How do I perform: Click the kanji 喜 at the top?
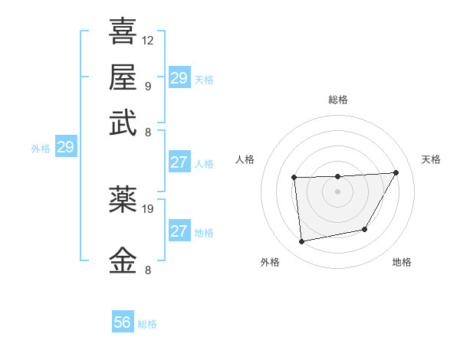click(x=123, y=31)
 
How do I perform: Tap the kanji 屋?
click(x=123, y=77)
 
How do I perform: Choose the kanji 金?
click(x=123, y=259)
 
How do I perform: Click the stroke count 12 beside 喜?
click(x=148, y=40)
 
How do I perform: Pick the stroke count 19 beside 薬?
click(x=148, y=207)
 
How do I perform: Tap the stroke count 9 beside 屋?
click(x=147, y=86)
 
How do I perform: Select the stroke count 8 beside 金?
click(x=147, y=270)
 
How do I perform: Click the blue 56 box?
click(x=123, y=322)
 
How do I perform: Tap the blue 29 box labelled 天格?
click(x=179, y=78)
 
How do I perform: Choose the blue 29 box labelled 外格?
click(x=65, y=147)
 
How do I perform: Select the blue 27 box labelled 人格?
click(x=179, y=162)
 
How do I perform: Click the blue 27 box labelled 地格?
click(x=179, y=231)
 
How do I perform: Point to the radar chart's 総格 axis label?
click(x=337, y=100)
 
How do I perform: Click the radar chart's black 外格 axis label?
click(x=270, y=262)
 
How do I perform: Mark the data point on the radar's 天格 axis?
click(x=396, y=172)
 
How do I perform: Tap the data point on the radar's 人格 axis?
click(x=294, y=178)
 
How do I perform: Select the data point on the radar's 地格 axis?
click(x=365, y=229)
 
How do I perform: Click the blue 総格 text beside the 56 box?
click(x=147, y=324)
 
